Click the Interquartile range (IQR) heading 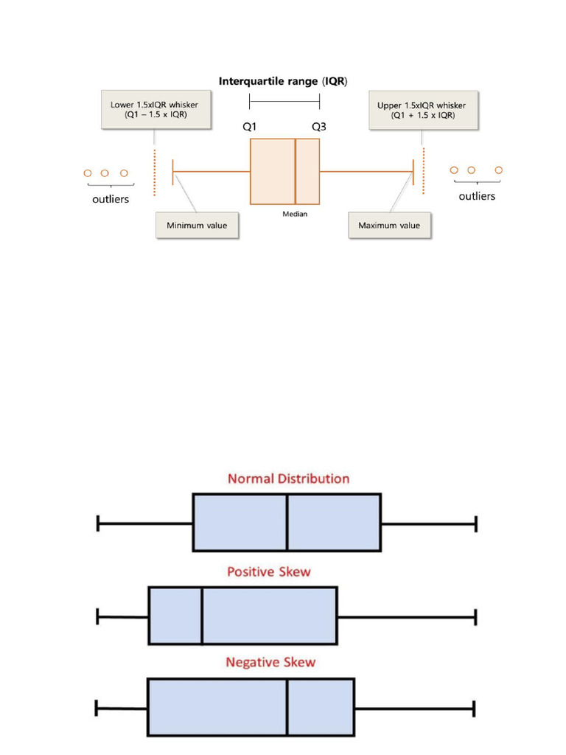click(x=284, y=80)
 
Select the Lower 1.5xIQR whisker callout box click(x=154, y=110)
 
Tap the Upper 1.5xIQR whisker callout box click(x=422, y=110)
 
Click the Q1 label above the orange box click(x=250, y=126)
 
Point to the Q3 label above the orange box click(x=319, y=126)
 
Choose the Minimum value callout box click(x=197, y=225)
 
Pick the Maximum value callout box click(x=389, y=225)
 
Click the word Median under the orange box click(x=295, y=214)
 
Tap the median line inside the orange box click(x=296, y=171)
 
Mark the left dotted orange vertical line click(x=155, y=172)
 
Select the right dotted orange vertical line click(x=424, y=172)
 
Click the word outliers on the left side click(x=110, y=199)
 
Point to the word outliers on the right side click(x=477, y=196)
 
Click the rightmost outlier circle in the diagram click(x=499, y=170)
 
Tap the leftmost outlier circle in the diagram click(x=87, y=173)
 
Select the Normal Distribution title click(x=289, y=479)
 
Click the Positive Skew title click(x=268, y=571)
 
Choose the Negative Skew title click(x=270, y=662)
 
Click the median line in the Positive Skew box click(x=202, y=615)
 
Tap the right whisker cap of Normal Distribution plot click(x=476, y=523)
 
